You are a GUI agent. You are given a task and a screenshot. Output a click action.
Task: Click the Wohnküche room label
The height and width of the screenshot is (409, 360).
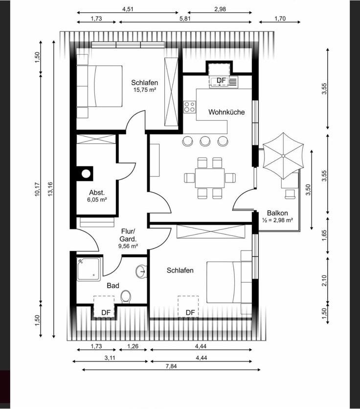point(226,112)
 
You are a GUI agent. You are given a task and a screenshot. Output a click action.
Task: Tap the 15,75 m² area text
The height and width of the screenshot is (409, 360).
point(145,90)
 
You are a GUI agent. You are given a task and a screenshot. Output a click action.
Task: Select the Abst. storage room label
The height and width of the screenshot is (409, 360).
point(97,193)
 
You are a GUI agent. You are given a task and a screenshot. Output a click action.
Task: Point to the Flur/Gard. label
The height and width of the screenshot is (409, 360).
point(128,235)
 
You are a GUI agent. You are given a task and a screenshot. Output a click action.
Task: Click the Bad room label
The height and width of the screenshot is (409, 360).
point(113,286)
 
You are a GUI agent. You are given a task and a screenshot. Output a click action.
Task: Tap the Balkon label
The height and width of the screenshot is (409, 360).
point(277,213)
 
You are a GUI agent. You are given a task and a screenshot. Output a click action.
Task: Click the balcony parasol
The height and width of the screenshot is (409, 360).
point(283,156)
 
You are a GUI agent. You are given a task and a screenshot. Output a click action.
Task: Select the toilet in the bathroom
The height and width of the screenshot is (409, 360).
point(126,297)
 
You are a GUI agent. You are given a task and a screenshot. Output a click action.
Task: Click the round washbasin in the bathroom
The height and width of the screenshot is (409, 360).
point(141,271)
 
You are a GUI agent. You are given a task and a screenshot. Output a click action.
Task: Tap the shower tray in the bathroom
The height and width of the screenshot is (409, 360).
point(89,269)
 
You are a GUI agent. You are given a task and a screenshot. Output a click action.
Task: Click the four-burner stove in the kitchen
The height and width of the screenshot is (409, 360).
point(189,107)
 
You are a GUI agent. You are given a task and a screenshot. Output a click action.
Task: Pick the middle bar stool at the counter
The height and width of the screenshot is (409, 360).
point(205,141)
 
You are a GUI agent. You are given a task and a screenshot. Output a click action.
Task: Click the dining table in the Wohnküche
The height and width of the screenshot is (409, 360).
point(210,178)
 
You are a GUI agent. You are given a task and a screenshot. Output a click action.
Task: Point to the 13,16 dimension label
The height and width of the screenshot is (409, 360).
point(50,189)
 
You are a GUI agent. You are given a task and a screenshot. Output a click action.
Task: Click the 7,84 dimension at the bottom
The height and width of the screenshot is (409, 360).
point(171,366)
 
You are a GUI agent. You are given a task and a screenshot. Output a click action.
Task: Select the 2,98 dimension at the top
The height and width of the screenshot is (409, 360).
point(220,9)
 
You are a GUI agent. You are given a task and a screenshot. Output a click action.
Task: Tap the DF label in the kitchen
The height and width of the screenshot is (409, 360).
point(221,80)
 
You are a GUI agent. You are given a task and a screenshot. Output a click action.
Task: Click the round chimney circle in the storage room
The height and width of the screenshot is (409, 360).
point(86,174)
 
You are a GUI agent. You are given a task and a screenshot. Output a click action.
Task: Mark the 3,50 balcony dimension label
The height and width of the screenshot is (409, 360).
point(308,190)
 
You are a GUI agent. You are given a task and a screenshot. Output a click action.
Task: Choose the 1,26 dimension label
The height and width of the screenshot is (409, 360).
point(133,346)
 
